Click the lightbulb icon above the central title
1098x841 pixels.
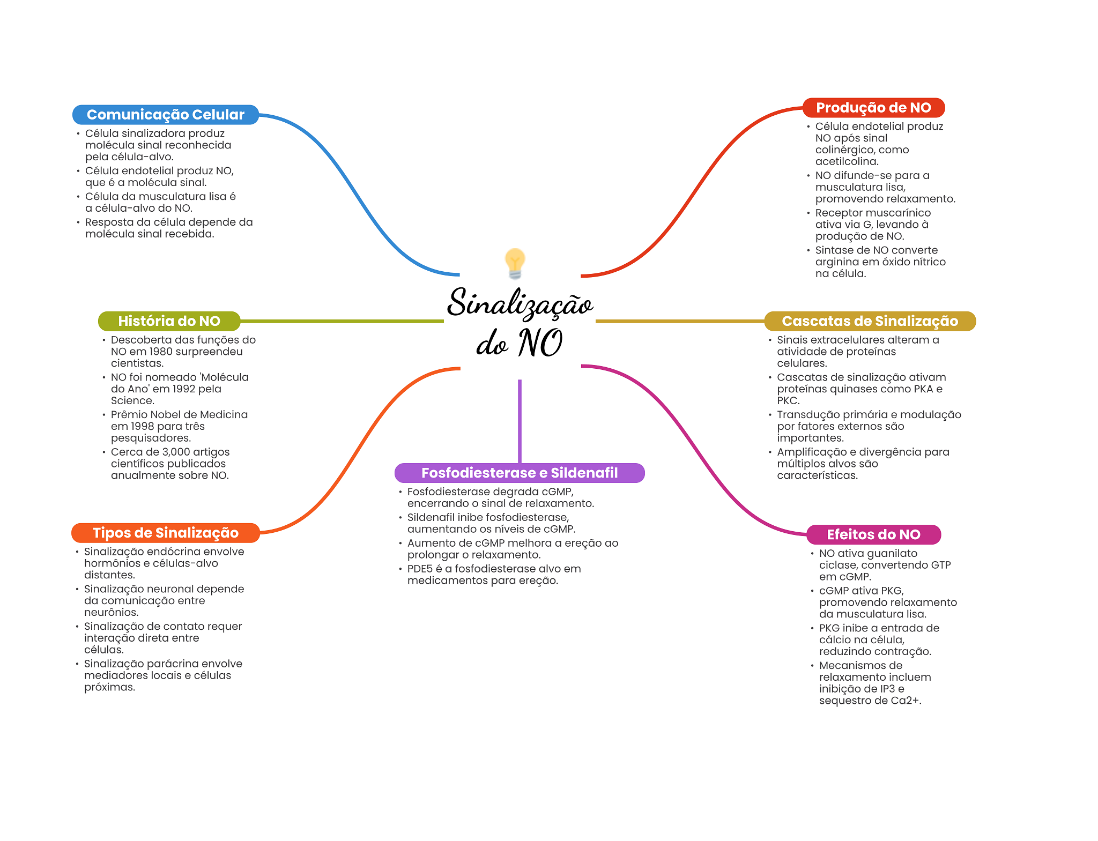click(515, 263)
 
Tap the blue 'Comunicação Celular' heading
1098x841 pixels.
click(165, 115)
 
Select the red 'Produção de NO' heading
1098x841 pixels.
click(873, 108)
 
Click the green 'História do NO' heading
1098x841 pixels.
click(169, 321)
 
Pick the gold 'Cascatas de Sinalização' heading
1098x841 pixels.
click(869, 321)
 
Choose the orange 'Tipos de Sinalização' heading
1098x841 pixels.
click(165, 533)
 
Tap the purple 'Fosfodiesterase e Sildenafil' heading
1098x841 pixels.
click(519, 473)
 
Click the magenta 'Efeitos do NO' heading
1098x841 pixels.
click(873, 534)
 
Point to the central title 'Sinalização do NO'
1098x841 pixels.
click(520, 322)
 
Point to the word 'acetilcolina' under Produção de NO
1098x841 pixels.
click(846, 161)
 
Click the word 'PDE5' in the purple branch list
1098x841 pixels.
click(420, 569)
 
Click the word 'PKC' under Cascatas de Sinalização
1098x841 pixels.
click(787, 401)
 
